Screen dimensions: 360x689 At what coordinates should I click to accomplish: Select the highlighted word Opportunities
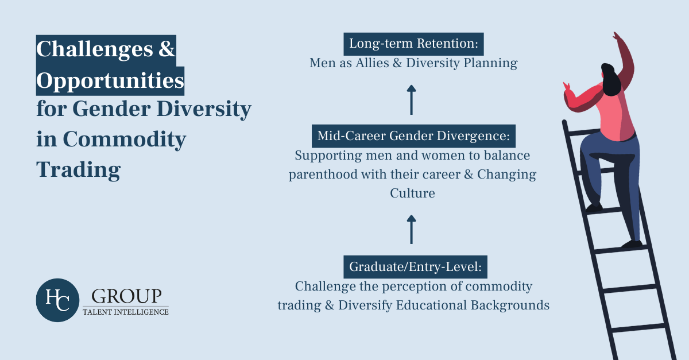pyautogui.click(x=110, y=81)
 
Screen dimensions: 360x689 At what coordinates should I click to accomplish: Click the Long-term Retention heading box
pyautogui.click(x=413, y=44)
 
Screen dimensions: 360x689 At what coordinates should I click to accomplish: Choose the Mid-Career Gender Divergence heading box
pyautogui.click(x=413, y=137)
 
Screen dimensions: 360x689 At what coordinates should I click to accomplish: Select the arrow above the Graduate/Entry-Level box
pyautogui.click(x=411, y=229)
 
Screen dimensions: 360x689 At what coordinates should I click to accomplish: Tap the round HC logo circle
pyautogui.click(x=57, y=299)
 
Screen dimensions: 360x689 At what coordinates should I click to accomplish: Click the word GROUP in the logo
pyautogui.click(x=126, y=296)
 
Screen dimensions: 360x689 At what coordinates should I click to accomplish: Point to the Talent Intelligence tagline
pyautogui.click(x=126, y=312)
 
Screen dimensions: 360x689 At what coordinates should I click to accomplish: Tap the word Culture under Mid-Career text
pyautogui.click(x=412, y=193)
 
